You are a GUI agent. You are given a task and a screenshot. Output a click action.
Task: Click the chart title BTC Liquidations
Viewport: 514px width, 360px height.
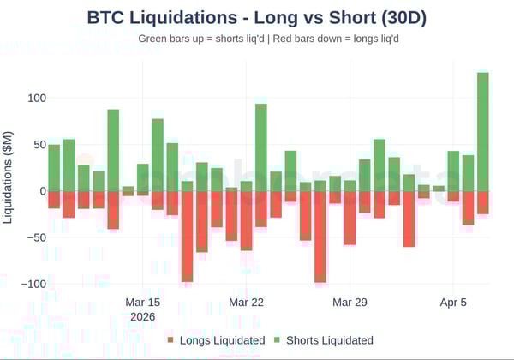[257, 17]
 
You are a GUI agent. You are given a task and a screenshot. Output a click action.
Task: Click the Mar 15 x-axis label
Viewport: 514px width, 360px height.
[142, 303]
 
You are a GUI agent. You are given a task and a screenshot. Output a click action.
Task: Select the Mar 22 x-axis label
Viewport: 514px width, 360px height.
[246, 303]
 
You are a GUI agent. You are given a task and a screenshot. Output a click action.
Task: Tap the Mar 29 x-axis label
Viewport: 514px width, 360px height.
[350, 303]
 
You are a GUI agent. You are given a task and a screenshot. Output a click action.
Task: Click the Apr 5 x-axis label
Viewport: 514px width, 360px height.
[453, 303]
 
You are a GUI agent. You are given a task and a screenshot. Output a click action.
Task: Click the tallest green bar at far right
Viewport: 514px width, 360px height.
[483, 133]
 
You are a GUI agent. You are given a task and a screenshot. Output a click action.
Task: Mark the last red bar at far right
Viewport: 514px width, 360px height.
[483, 202]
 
